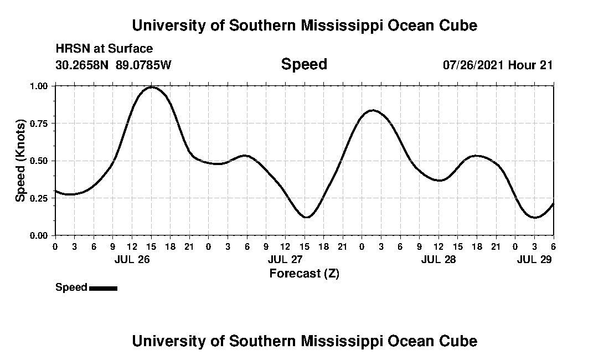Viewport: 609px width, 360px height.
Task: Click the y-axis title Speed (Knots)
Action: [20, 161]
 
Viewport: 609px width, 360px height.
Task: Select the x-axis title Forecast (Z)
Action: [304, 273]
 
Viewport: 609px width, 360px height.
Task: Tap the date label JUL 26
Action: [132, 260]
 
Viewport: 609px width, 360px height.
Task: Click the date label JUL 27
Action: [285, 260]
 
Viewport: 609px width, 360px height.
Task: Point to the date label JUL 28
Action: [438, 260]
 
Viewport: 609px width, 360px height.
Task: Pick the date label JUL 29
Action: [534, 260]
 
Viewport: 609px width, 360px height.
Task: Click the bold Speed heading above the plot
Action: [304, 64]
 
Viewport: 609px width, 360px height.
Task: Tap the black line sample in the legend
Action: [103, 288]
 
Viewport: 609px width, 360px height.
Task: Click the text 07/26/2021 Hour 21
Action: [498, 65]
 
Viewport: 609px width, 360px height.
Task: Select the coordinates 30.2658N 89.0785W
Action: [113, 65]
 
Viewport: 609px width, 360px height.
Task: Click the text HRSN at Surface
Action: [104, 49]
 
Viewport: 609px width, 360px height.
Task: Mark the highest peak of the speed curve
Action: [151, 87]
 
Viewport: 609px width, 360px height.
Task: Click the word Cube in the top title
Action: [458, 25]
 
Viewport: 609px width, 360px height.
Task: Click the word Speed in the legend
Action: [71, 287]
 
